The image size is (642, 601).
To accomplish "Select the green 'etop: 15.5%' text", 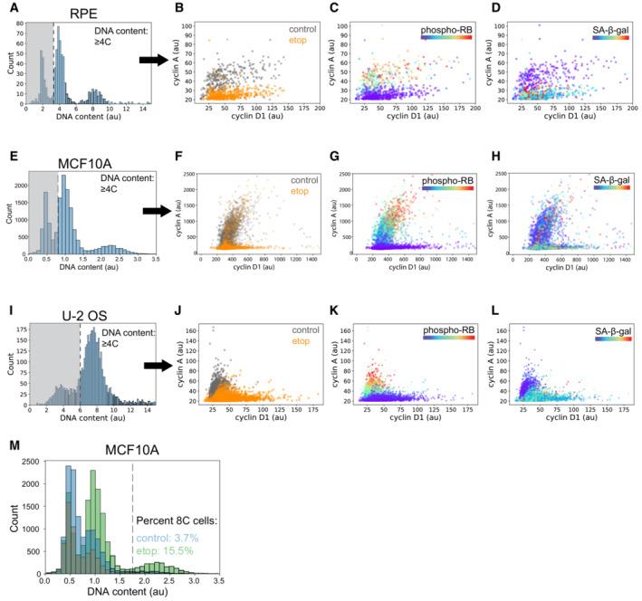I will pyautogui.click(x=171, y=549).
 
